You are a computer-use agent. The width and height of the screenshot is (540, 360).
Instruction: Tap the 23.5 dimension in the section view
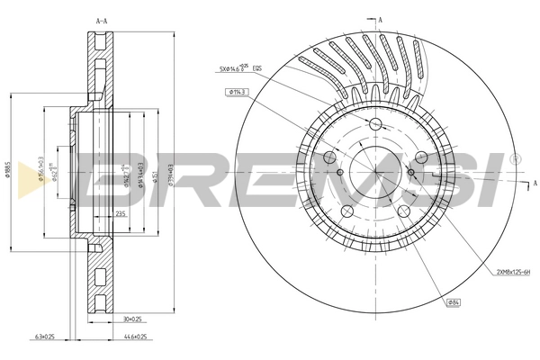(x=121, y=213)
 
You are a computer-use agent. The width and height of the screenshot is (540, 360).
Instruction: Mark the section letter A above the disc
(x=382, y=18)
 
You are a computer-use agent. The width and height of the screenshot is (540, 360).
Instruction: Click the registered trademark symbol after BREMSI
(x=515, y=158)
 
